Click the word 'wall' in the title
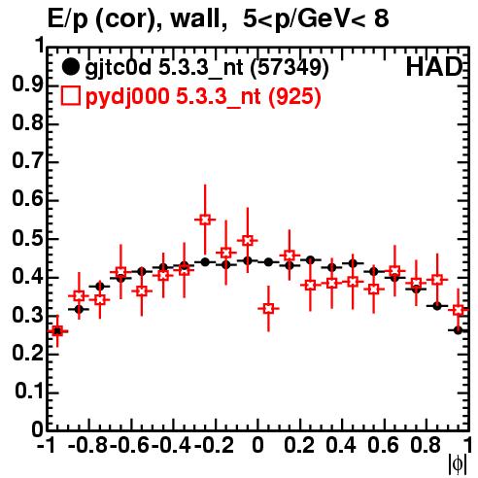pos(195,18)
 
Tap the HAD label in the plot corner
pos(434,67)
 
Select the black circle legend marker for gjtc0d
pos(70,67)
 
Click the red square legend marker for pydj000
pos(70,96)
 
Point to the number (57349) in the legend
pos(290,68)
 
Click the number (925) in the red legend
pos(294,96)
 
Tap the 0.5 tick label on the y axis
pos(27,239)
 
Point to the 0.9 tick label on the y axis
pos(27,85)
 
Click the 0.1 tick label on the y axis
pos(29,392)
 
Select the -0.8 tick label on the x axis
pos(88,445)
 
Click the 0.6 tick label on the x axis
pos(383,445)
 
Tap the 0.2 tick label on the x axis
pos(299,445)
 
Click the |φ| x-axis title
pos(458,465)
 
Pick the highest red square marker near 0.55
pos(205,220)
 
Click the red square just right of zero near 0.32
pos(268,309)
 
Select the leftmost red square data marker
pos(57,331)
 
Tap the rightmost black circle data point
pos(458,330)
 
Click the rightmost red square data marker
pos(458,310)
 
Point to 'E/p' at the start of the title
pos(68,19)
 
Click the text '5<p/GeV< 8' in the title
pos(316,19)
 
